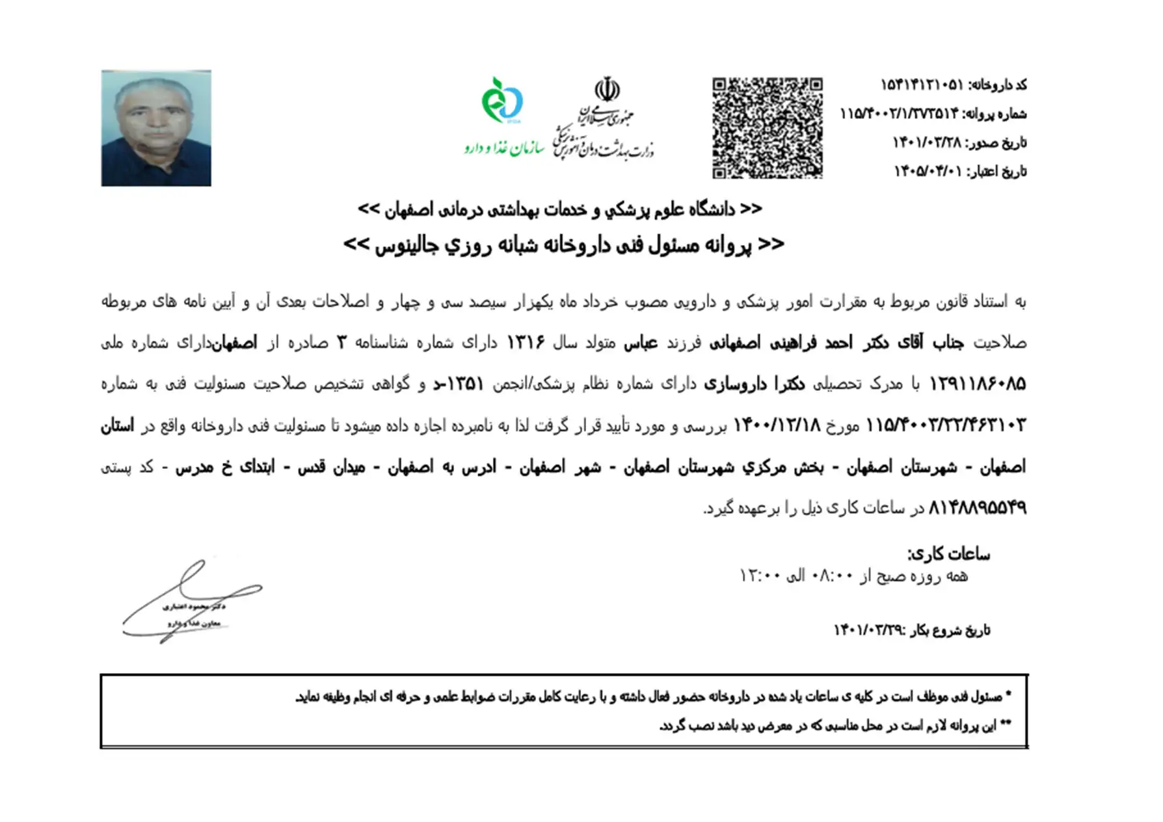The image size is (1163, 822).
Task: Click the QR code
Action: [x=767, y=128]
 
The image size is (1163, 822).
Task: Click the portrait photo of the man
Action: [x=156, y=128]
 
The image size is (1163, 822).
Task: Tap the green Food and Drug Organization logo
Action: [x=502, y=100]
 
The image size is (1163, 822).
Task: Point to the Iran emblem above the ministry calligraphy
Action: [x=607, y=90]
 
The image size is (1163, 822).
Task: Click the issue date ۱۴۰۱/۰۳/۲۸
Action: [x=926, y=142]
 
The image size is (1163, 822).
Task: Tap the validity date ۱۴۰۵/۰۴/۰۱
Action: [x=928, y=171]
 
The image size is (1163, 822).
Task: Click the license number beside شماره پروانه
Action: [x=899, y=114]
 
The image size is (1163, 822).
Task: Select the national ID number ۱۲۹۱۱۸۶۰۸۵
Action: [x=977, y=384]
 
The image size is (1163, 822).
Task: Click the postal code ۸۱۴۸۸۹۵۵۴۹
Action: [x=977, y=507]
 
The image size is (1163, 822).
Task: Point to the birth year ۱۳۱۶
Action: [x=526, y=343]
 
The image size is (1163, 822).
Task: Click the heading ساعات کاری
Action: [x=948, y=554]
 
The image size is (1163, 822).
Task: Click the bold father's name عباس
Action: [x=641, y=343]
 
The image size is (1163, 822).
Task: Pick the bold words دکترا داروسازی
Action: [x=754, y=384]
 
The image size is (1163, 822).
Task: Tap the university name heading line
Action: [x=559, y=209]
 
